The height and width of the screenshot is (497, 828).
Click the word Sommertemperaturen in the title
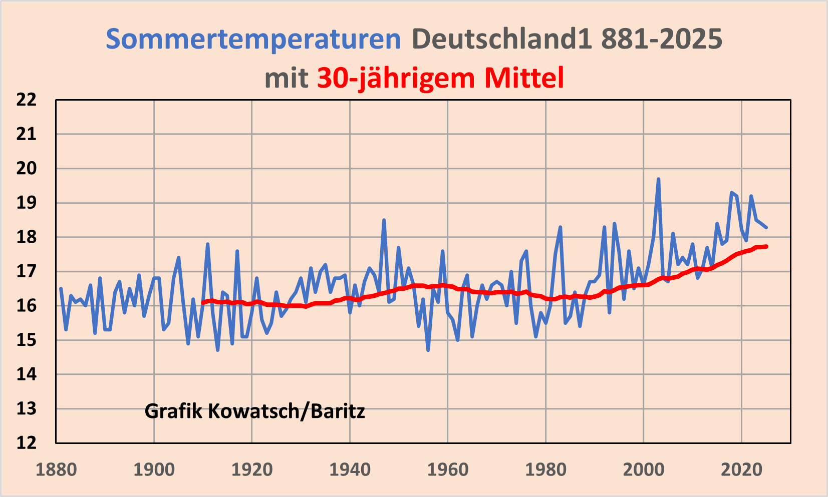tap(253, 39)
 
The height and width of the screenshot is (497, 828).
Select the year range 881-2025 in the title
tap(662, 39)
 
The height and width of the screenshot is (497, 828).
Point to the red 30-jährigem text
tap(396, 78)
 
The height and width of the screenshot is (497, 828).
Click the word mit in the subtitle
tap(287, 78)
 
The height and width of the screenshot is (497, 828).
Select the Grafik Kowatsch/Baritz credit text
tap(254, 411)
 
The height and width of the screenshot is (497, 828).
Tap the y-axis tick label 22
tap(27, 100)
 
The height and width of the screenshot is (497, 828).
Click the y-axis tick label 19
tap(27, 203)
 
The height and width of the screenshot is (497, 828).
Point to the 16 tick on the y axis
tap(27, 306)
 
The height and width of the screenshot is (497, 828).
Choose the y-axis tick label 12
tap(27, 443)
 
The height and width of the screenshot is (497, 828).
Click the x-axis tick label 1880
tap(56, 470)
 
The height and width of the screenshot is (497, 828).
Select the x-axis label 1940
tap(350, 470)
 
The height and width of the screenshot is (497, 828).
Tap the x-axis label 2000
tap(643, 470)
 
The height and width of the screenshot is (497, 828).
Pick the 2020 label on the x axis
tap(741, 470)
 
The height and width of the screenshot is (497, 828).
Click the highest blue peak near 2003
tap(658, 179)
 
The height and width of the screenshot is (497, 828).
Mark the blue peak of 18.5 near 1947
tap(384, 220)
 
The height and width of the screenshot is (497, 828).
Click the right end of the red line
tap(766, 246)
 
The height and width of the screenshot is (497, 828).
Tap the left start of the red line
tap(203, 302)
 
